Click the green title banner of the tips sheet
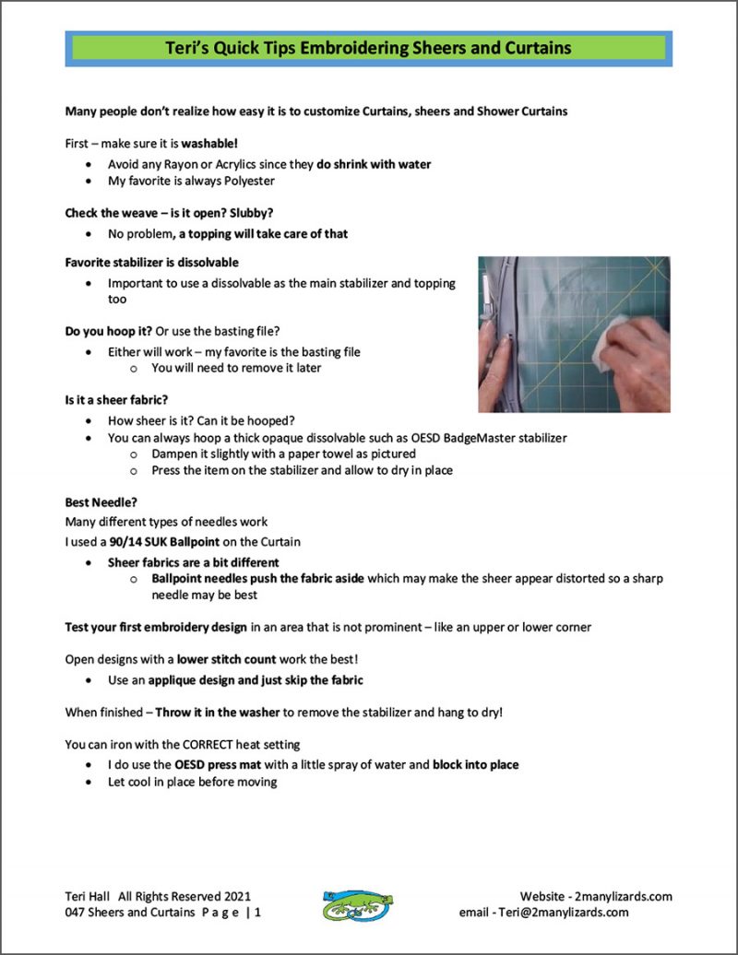(x=368, y=48)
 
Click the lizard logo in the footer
(x=357, y=904)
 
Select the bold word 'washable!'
(x=209, y=145)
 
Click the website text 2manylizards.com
(x=623, y=896)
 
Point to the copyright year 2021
(x=235, y=896)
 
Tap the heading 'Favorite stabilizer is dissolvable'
(x=151, y=263)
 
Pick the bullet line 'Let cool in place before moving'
(x=192, y=783)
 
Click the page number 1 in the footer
(x=257, y=913)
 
